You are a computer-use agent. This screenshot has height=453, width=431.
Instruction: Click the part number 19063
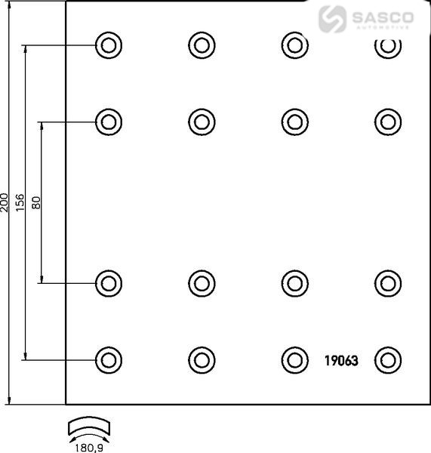point(341,361)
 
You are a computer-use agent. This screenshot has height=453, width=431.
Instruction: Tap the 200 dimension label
point(5,202)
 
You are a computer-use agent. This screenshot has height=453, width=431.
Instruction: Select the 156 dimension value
point(20,202)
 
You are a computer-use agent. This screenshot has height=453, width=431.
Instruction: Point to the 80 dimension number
point(36,202)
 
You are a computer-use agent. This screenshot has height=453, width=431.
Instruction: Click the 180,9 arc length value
point(88,448)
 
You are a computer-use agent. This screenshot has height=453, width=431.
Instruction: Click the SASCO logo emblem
point(332,19)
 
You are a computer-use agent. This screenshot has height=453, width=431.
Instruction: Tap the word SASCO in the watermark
point(383,17)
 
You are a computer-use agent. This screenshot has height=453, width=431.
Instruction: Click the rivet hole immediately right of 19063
point(388,360)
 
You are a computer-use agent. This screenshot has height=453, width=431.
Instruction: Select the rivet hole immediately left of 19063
point(295,360)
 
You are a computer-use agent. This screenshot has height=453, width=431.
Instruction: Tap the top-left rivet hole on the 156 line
point(109,45)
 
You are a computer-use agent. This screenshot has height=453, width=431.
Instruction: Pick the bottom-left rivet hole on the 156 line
point(109,360)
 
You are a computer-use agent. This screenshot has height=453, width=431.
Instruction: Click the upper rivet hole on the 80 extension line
point(109,122)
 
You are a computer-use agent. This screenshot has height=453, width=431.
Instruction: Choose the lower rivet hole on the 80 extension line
point(109,283)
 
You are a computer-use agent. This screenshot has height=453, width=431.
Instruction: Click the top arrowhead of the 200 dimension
point(9,5)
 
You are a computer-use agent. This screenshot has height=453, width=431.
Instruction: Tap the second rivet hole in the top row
point(202,45)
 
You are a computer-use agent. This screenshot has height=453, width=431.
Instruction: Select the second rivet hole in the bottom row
point(202,360)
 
